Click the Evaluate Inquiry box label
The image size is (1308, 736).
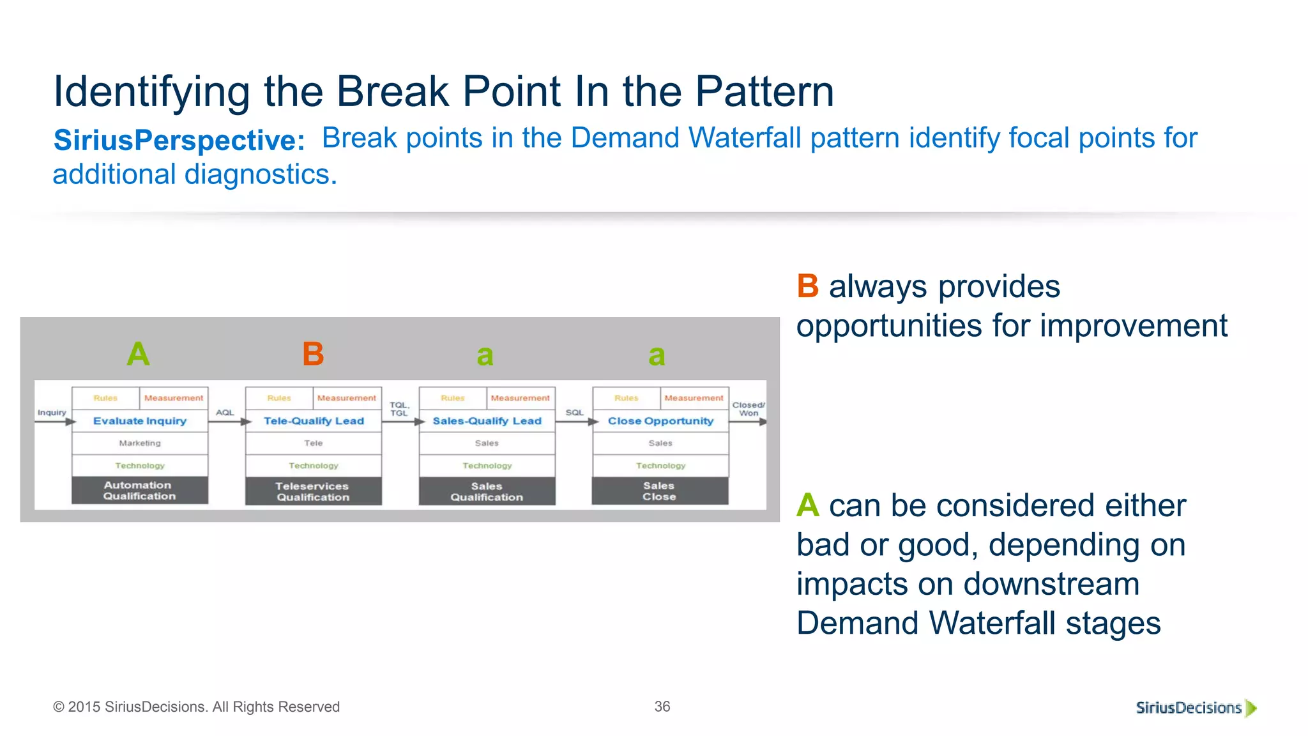point(140,421)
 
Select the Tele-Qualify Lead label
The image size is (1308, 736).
point(314,421)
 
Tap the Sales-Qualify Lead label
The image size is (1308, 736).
point(487,421)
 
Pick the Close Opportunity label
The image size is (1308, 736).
point(660,421)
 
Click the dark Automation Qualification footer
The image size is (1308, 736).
point(139,491)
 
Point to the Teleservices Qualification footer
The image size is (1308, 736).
point(313,491)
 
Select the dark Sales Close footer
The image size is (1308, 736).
point(659,491)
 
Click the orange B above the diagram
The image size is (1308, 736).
point(313,354)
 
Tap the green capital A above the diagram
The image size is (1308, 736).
point(138,354)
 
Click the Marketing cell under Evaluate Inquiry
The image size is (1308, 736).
point(140,443)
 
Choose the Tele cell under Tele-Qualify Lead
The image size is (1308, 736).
point(314,443)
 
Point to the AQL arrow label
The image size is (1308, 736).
point(225,413)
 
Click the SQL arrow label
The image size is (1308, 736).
point(574,413)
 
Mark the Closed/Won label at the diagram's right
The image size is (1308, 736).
point(748,409)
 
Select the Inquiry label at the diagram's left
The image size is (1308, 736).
point(52,413)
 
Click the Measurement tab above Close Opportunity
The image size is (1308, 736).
point(694,398)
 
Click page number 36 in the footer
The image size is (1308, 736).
point(662,707)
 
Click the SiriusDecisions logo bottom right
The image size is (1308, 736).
point(1195,708)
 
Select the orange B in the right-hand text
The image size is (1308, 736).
point(807,286)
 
